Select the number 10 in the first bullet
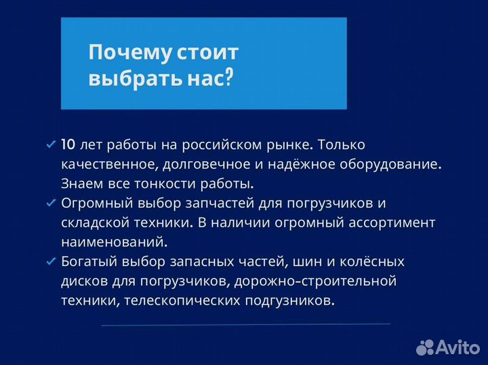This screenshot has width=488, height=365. pyautogui.click(x=68, y=144)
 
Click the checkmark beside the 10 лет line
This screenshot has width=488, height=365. pyautogui.click(x=50, y=145)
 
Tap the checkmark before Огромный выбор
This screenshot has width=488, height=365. pyautogui.click(x=50, y=203)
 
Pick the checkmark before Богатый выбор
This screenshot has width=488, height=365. pyautogui.click(x=50, y=261)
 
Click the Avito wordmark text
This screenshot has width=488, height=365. pyautogui.click(x=457, y=347)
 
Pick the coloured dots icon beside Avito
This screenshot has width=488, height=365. pyautogui.click(x=425, y=347)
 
